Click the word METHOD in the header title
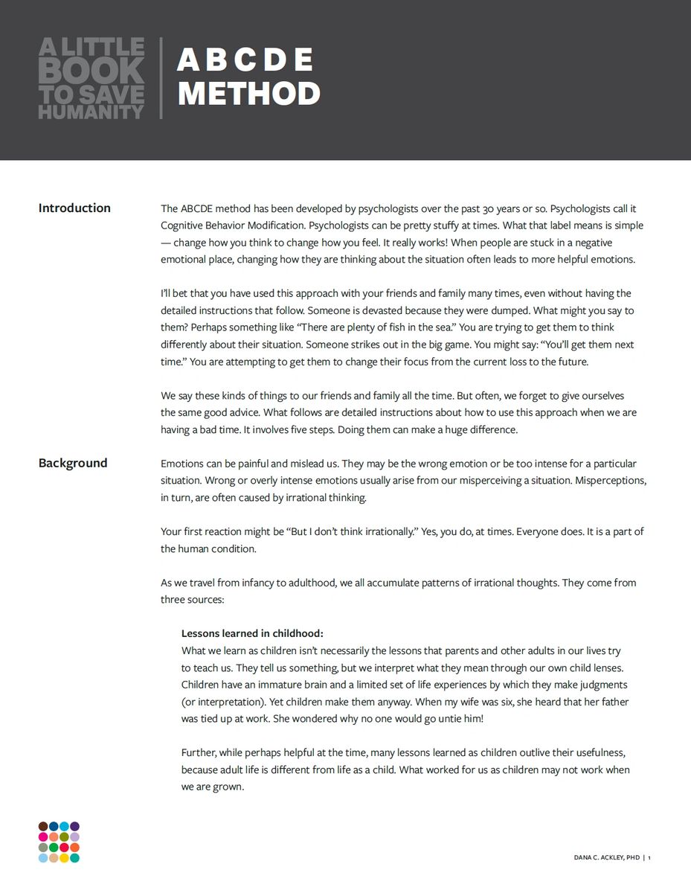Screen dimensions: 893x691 248,94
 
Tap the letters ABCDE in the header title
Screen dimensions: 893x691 245,60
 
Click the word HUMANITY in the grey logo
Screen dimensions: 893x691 91,112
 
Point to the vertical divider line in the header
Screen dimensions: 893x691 161,78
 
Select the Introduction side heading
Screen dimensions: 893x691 74,208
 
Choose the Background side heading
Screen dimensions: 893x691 73,463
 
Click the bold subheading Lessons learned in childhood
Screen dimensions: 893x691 252,633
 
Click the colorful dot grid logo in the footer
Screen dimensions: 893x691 59,842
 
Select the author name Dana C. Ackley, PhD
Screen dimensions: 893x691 606,858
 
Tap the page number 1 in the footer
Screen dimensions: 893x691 649,858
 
